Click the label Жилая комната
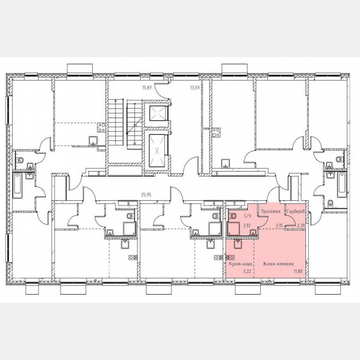coord(278,264)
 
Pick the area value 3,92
coord(247,225)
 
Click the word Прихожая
coord(270,212)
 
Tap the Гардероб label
coord(296,212)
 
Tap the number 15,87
coord(147,88)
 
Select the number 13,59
coord(195,88)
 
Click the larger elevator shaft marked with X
coord(157,150)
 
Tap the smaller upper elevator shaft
coord(157,112)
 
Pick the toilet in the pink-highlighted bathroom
coord(232,216)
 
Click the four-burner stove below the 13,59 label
coord(217,133)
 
